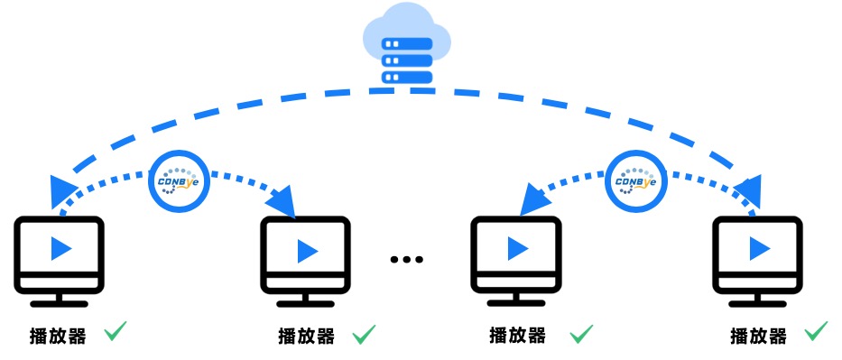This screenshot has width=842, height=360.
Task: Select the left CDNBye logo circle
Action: click(179, 180)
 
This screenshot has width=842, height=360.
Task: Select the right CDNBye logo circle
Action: click(636, 180)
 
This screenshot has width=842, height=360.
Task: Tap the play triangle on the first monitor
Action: click(61, 248)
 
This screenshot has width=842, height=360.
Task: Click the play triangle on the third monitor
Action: click(518, 247)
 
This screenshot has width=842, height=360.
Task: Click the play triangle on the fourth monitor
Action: click(760, 248)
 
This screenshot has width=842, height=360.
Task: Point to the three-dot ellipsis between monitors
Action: click(407, 260)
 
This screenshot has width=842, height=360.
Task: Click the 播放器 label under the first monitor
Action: click(58, 337)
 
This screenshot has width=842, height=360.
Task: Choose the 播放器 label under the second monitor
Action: click(307, 337)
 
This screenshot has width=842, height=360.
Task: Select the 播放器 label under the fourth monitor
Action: click(758, 337)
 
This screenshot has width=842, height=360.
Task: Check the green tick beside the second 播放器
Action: click(364, 334)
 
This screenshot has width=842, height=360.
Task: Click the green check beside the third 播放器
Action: click(581, 334)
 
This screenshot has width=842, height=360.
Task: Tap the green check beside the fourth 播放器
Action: click(816, 331)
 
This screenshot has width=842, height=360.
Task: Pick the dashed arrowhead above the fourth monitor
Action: click(749, 191)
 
